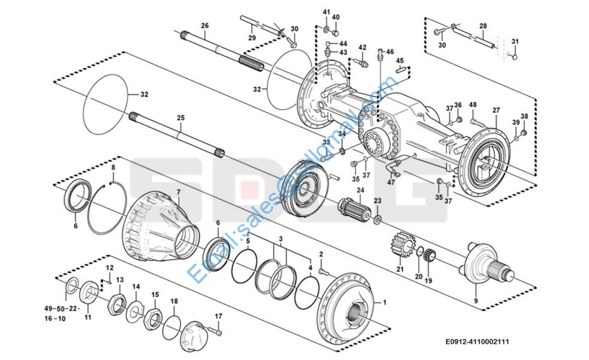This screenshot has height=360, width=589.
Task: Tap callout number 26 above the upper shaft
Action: pyautogui.click(x=205, y=26)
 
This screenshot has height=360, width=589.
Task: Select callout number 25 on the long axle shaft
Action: pyautogui.click(x=181, y=118)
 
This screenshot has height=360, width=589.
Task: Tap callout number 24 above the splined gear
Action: pyautogui.click(x=360, y=191)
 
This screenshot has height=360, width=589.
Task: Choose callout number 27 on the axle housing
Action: pyautogui.click(x=496, y=110)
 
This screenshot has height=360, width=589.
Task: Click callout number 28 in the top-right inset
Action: pyautogui.click(x=483, y=26)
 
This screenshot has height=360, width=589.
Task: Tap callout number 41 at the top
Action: pyautogui.click(x=326, y=12)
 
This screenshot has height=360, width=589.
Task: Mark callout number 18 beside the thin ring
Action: pyautogui.click(x=174, y=301)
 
